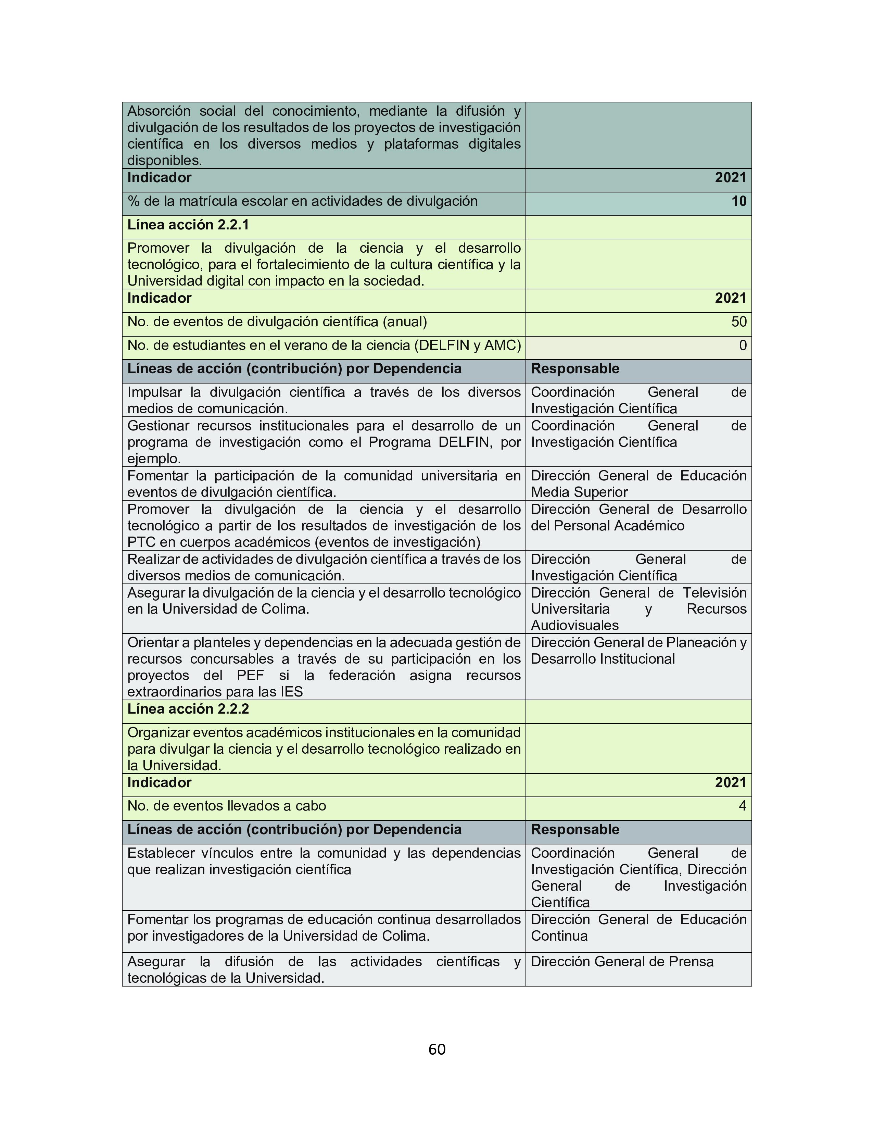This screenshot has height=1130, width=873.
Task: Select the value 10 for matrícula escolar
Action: (x=738, y=201)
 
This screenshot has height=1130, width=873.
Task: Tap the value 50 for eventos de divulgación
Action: (x=738, y=322)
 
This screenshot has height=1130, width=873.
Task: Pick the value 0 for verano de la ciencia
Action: (x=743, y=345)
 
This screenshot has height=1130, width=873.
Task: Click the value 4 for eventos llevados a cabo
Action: (x=743, y=806)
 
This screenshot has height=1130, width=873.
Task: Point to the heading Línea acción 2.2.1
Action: (x=188, y=225)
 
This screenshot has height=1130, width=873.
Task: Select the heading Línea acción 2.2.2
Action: (x=188, y=709)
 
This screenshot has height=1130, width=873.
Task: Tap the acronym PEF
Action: (x=250, y=675)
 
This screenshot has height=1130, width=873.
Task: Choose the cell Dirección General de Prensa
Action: (x=622, y=961)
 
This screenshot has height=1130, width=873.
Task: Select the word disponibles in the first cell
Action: (x=164, y=160)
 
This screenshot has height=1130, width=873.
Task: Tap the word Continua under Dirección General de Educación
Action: (x=559, y=936)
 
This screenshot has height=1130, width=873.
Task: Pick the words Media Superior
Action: (x=579, y=492)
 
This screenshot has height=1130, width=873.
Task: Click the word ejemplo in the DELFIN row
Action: (x=153, y=459)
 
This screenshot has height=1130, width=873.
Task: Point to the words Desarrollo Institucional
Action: (x=603, y=658)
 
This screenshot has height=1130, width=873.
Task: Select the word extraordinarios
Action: (x=169, y=692)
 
